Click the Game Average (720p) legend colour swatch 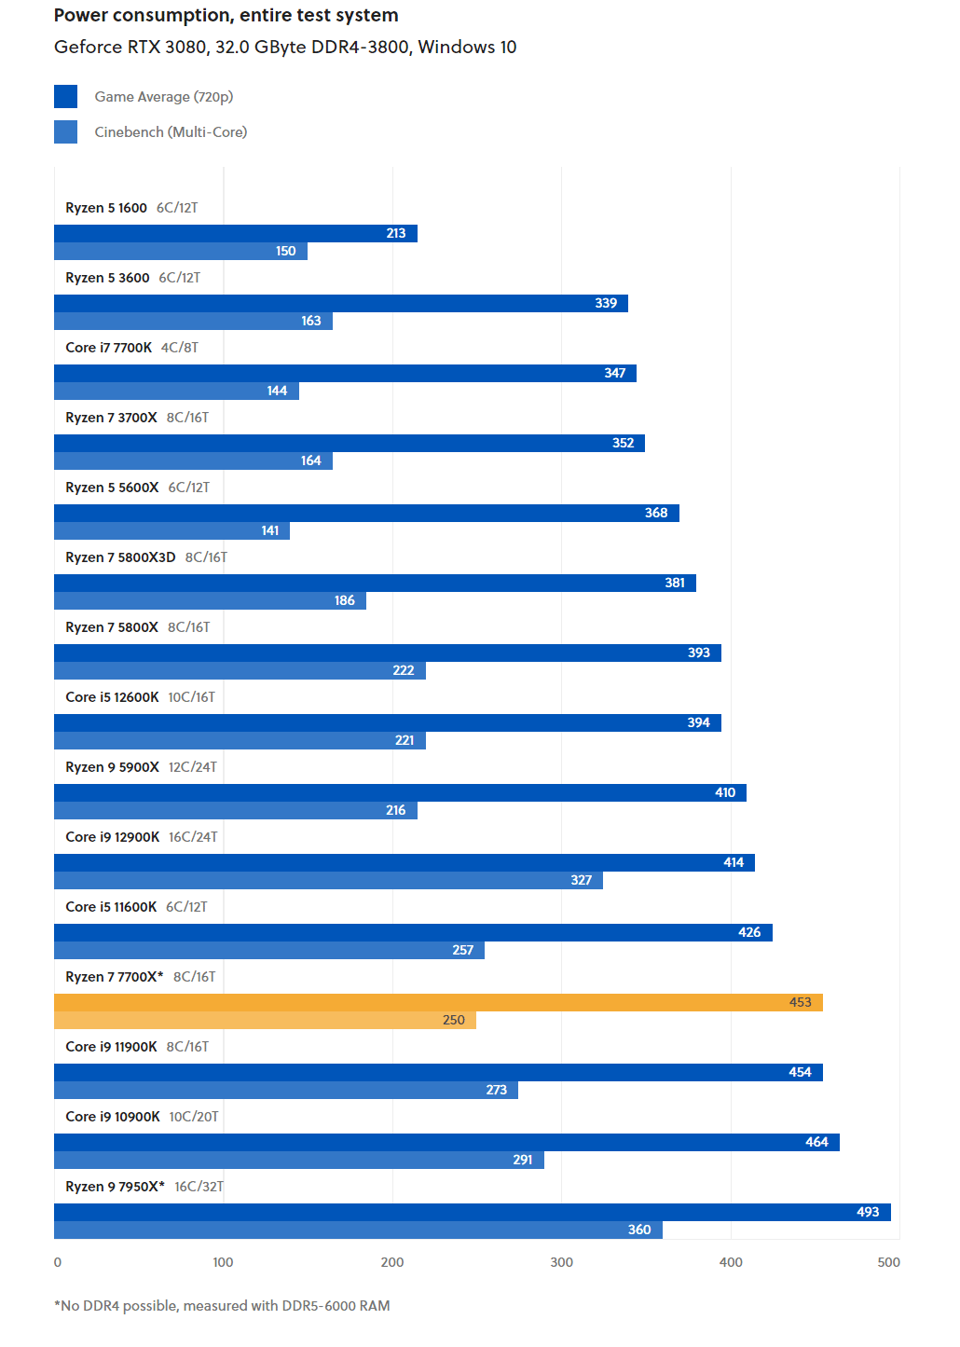[65, 96]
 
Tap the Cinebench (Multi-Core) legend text [171, 132]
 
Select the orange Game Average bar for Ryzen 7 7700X [438, 1002]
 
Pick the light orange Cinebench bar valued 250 [265, 1020]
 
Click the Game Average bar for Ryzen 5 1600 [235, 233]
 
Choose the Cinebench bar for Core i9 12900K [328, 880]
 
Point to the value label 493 [868, 1212]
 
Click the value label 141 [270, 530]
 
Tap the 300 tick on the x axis [561, 1262]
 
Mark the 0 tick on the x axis [58, 1262]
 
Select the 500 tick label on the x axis [888, 1262]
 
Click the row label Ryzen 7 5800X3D [120, 557]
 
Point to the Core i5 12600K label [112, 697]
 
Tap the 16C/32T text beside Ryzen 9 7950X [199, 1187]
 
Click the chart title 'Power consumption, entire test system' [226, 15]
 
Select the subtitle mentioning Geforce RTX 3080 [285, 47]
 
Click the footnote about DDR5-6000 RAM [222, 1305]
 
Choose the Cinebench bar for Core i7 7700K [176, 391]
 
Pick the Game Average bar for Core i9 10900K [446, 1142]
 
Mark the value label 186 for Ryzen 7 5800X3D [345, 600]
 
